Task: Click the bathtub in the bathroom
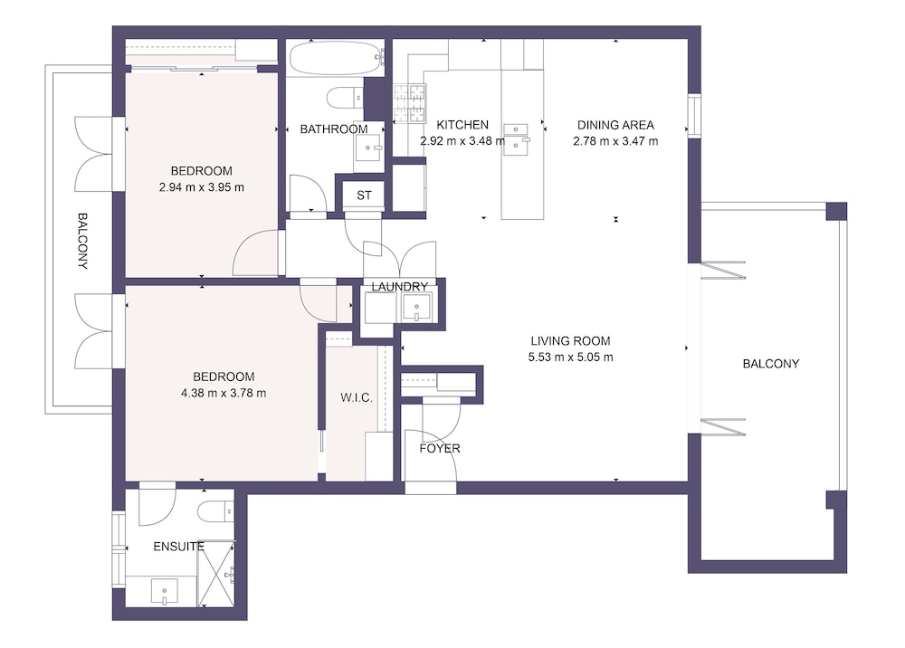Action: [x=336, y=58]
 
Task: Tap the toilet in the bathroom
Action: [x=346, y=97]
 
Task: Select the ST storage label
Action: [x=364, y=195]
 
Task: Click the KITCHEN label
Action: [x=462, y=125]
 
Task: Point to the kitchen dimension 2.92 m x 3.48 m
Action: [x=462, y=141]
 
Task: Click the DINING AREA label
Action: [x=615, y=125]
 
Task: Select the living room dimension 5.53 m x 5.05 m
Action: [x=570, y=357]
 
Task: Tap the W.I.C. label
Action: [x=356, y=397]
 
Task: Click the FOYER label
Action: [x=440, y=448]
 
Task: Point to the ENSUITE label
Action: [x=178, y=547]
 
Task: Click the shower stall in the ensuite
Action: [x=216, y=574]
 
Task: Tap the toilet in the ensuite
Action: [x=215, y=511]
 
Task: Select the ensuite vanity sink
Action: [x=165, y=592]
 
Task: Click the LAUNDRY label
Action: [x=399, y=287]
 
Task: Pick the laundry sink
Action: [x=416, y=307]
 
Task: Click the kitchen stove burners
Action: [x=410, y=103]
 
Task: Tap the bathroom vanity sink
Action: [x=368, y=148]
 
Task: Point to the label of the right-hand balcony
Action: [x=770, y=364]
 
